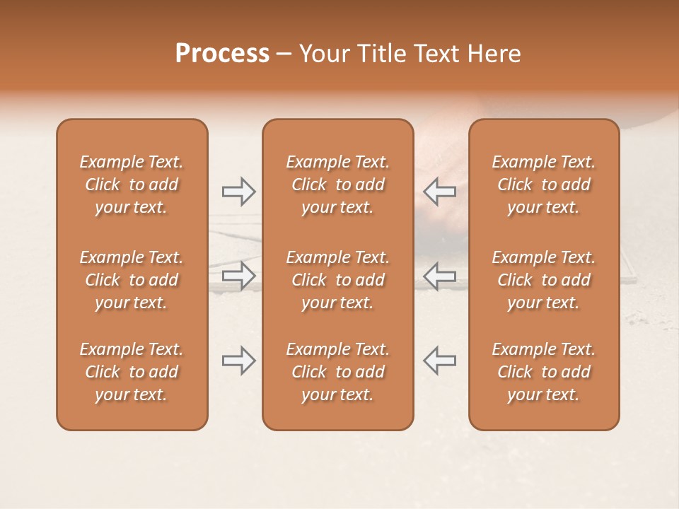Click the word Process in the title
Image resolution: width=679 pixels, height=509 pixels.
click(x=222, y=54)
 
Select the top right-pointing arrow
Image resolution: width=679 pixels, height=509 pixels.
click(x=238, y=191)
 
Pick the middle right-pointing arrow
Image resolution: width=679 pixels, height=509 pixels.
click(x=238, y=276)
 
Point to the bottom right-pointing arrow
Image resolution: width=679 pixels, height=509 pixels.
click(x=238, y=361)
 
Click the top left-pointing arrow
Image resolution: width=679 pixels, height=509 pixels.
click(x=439, y=191)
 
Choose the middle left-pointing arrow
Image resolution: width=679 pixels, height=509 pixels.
click(x=439, y=276)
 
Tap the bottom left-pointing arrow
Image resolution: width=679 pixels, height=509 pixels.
click(x=439, y=361)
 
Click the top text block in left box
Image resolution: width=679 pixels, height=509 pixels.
click(x=132, y=185)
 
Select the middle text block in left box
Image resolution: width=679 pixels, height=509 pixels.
click(x=132, y=280)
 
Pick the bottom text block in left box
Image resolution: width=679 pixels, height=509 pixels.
click(x=132, y=372)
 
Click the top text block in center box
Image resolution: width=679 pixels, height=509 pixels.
click(x=337, y=185)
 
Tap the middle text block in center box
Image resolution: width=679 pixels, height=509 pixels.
click(x=337, y=280)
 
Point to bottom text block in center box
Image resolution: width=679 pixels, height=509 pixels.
click(x=337, y=372)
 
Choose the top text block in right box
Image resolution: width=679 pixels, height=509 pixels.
click(x=544, y=185)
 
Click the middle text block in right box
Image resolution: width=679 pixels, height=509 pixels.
click(x=544, y=280)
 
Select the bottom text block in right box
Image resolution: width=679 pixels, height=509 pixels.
click(x=544, y=372)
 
